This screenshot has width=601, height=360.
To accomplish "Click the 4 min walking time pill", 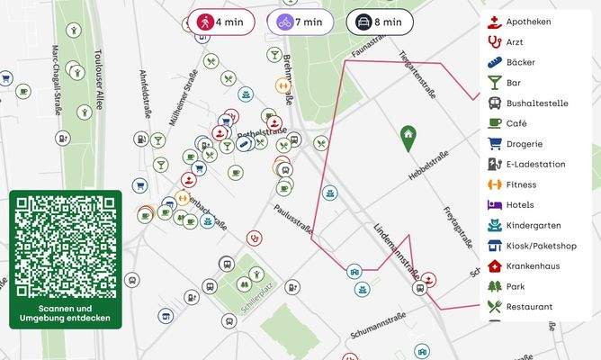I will [220, 22].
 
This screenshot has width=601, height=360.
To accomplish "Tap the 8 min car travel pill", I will [380, 22].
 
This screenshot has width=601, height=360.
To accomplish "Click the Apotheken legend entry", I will [529, 22].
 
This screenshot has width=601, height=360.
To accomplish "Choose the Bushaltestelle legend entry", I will [536, 103].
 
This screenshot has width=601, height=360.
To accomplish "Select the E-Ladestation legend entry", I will [535, 165].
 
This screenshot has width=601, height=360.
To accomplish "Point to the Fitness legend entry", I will [521, 184].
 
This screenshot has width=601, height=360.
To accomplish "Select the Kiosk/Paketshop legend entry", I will [541, 246].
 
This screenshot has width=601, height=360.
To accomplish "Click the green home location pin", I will [408, 137].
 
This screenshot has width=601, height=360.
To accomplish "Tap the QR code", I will [65, 246].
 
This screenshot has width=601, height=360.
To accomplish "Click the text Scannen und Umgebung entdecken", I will [65, 313].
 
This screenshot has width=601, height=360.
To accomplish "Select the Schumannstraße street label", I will [379, 325].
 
